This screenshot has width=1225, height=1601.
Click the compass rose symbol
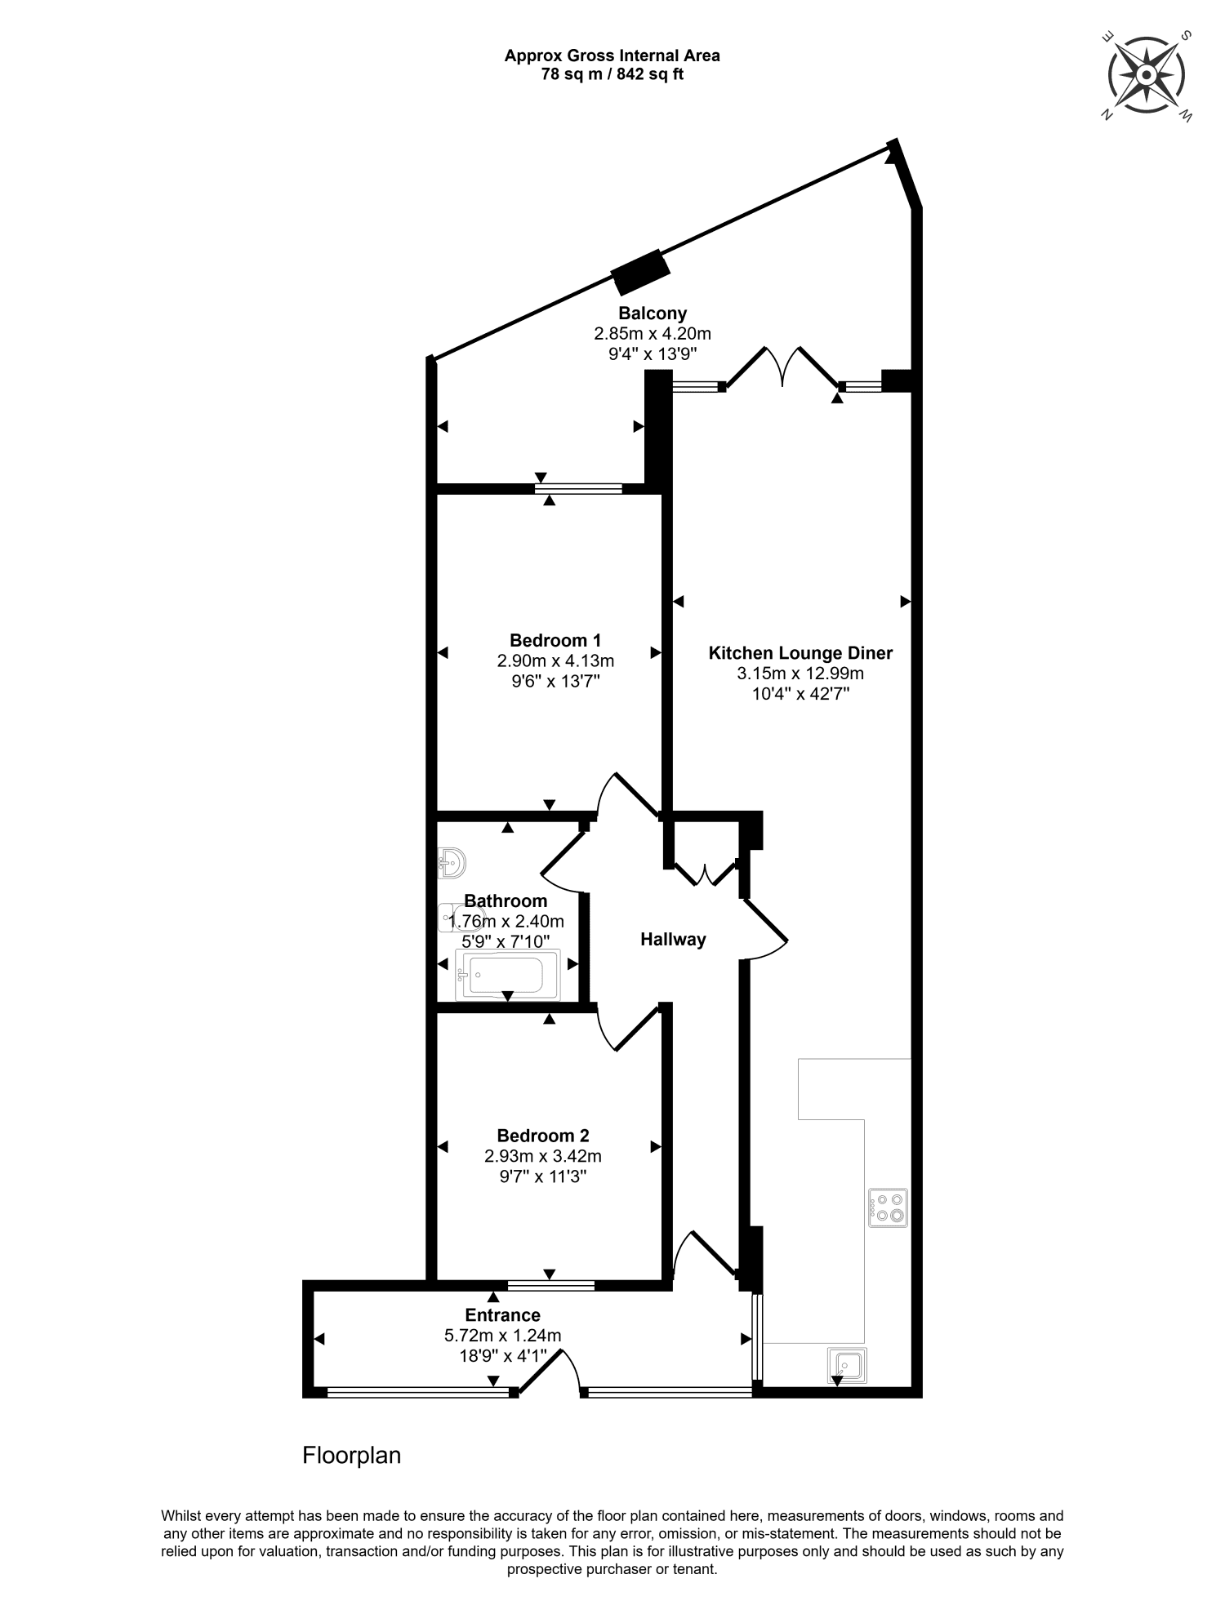[1146, 75]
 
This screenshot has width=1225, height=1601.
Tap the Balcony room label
[652, 313]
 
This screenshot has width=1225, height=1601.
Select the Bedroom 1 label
[555, 640]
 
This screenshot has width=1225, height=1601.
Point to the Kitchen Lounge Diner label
[800, 653]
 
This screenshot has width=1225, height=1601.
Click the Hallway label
[673, 940]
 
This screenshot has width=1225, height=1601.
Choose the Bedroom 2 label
[543, 1136]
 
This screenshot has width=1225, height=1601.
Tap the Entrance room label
[502, 1315]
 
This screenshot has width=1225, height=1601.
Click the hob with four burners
[888, 1207]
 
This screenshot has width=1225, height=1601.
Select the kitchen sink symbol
[847, 1365]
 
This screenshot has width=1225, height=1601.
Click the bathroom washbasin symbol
[452, 862]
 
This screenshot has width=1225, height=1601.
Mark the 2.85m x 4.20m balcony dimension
[652, 334]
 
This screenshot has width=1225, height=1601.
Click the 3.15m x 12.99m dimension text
[800, 674]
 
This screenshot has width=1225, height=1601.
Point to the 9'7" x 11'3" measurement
[543, 1177]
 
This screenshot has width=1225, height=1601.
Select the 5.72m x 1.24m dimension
[502, 1336]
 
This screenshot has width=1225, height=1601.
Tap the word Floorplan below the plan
[351, 1456]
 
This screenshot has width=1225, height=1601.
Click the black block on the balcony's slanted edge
[641, 272]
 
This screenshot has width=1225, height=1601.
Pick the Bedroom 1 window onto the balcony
[578, 489]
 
